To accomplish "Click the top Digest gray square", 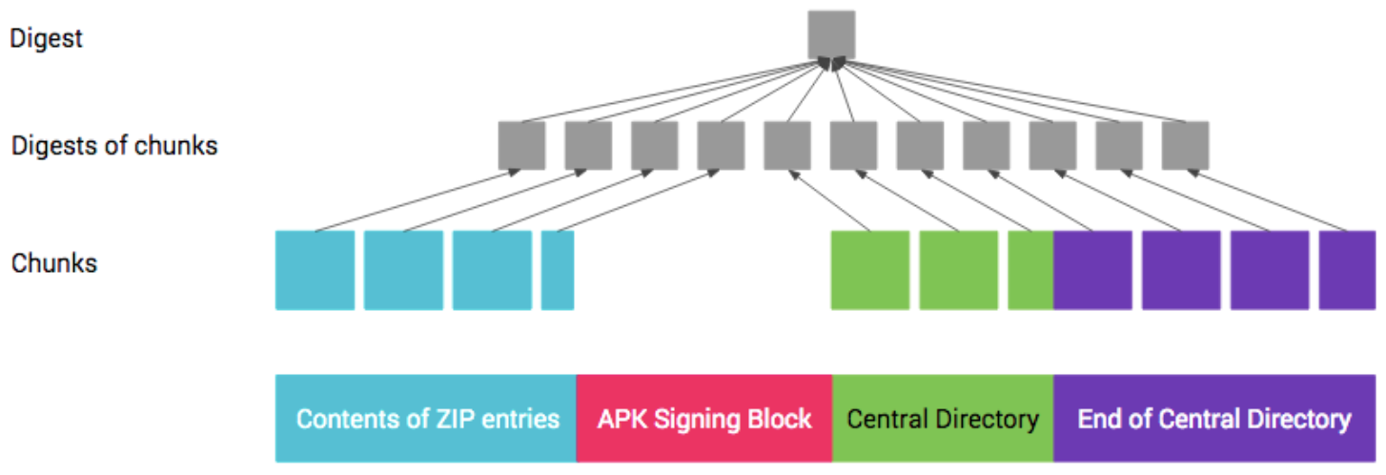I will click(831, 35).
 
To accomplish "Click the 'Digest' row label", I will click(47, 39).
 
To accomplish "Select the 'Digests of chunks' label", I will click(114, 146).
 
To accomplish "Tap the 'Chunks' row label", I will click(54, 262).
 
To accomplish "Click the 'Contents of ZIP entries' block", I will click(426, 419).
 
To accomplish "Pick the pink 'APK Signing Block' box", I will click(703, 419).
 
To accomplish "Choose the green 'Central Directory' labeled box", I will click(942, 419).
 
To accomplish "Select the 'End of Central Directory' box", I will click(1213, 419).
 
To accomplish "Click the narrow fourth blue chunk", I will click(558, 270).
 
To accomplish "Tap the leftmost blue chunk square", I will click(315, 270).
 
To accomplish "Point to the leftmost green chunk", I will click(869, 270).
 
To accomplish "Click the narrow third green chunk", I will click(1030, 270).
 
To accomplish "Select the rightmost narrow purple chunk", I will click(1347, 270).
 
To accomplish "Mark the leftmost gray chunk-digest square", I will click(521, 146).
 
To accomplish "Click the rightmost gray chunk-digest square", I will click(1185, 146).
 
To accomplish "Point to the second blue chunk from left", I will click(403, 270).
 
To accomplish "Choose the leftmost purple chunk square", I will click(1092, 270).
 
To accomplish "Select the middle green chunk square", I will click(958, 270).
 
